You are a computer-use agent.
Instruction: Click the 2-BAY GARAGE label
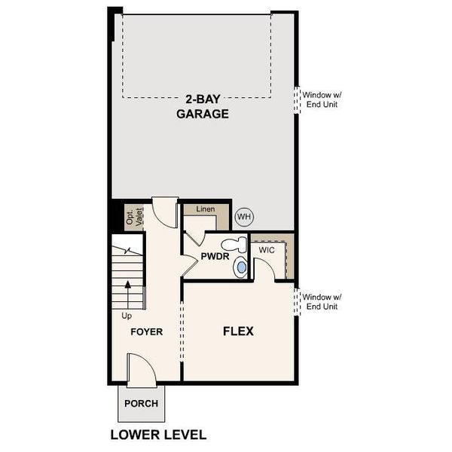click(x=203, y=106)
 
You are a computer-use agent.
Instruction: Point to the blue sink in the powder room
click(x=241, y=266)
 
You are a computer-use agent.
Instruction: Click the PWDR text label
click(x=215, y=257)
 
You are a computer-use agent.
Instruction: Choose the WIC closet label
click(x=267, y=249)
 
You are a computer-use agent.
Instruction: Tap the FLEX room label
click(x=237, y=331)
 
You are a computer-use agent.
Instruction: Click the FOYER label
click(x=147, y=331)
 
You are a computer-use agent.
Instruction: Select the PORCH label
click(x=141, y=403)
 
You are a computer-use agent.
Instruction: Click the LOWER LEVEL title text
click(x=158, y=435)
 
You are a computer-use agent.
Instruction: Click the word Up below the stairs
click(x=127, y=316)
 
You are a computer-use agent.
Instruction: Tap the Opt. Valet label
click(x=133, y=215)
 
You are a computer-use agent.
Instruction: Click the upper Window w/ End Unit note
click(x=322, y=99)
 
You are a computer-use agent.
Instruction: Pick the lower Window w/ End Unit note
click(x=322, y=301)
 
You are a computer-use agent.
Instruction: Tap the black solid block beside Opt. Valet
click(x=116, y=217)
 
